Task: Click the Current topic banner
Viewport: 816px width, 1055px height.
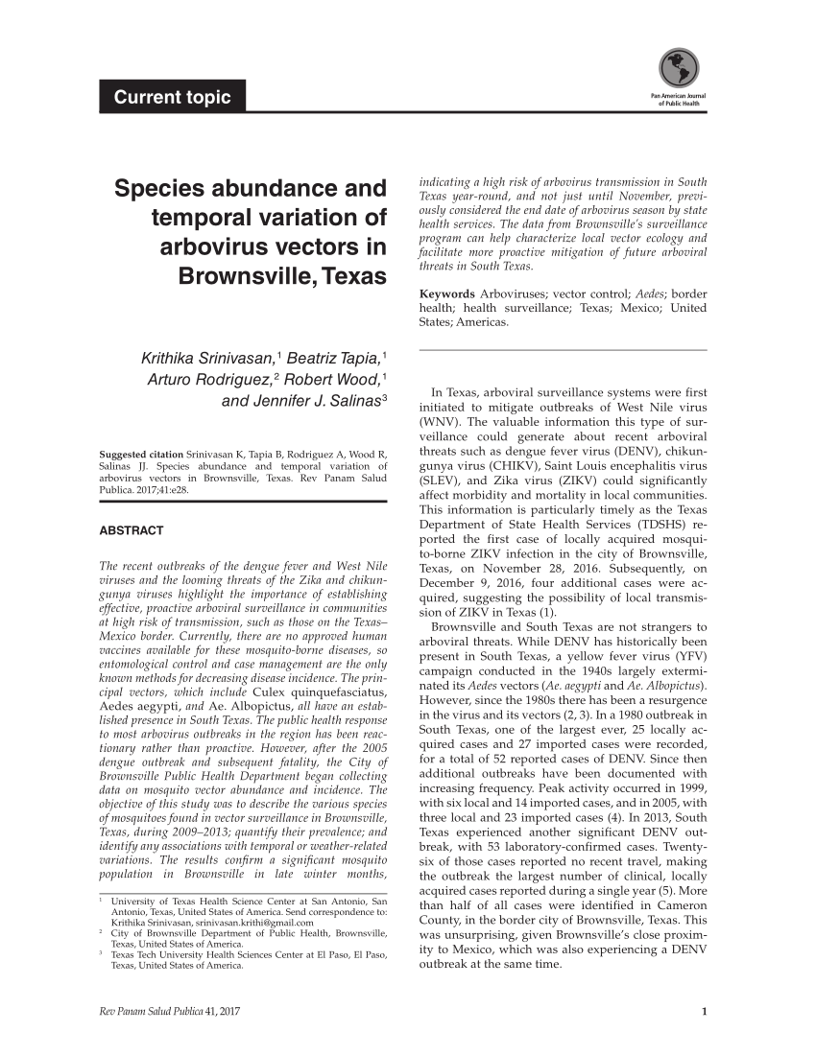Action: tap(172, 97)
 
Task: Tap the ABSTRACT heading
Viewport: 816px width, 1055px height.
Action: tap(132, 530)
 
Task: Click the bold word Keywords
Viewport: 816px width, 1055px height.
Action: tap(446, 293)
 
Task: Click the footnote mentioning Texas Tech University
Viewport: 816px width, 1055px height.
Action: tap(249, 960)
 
